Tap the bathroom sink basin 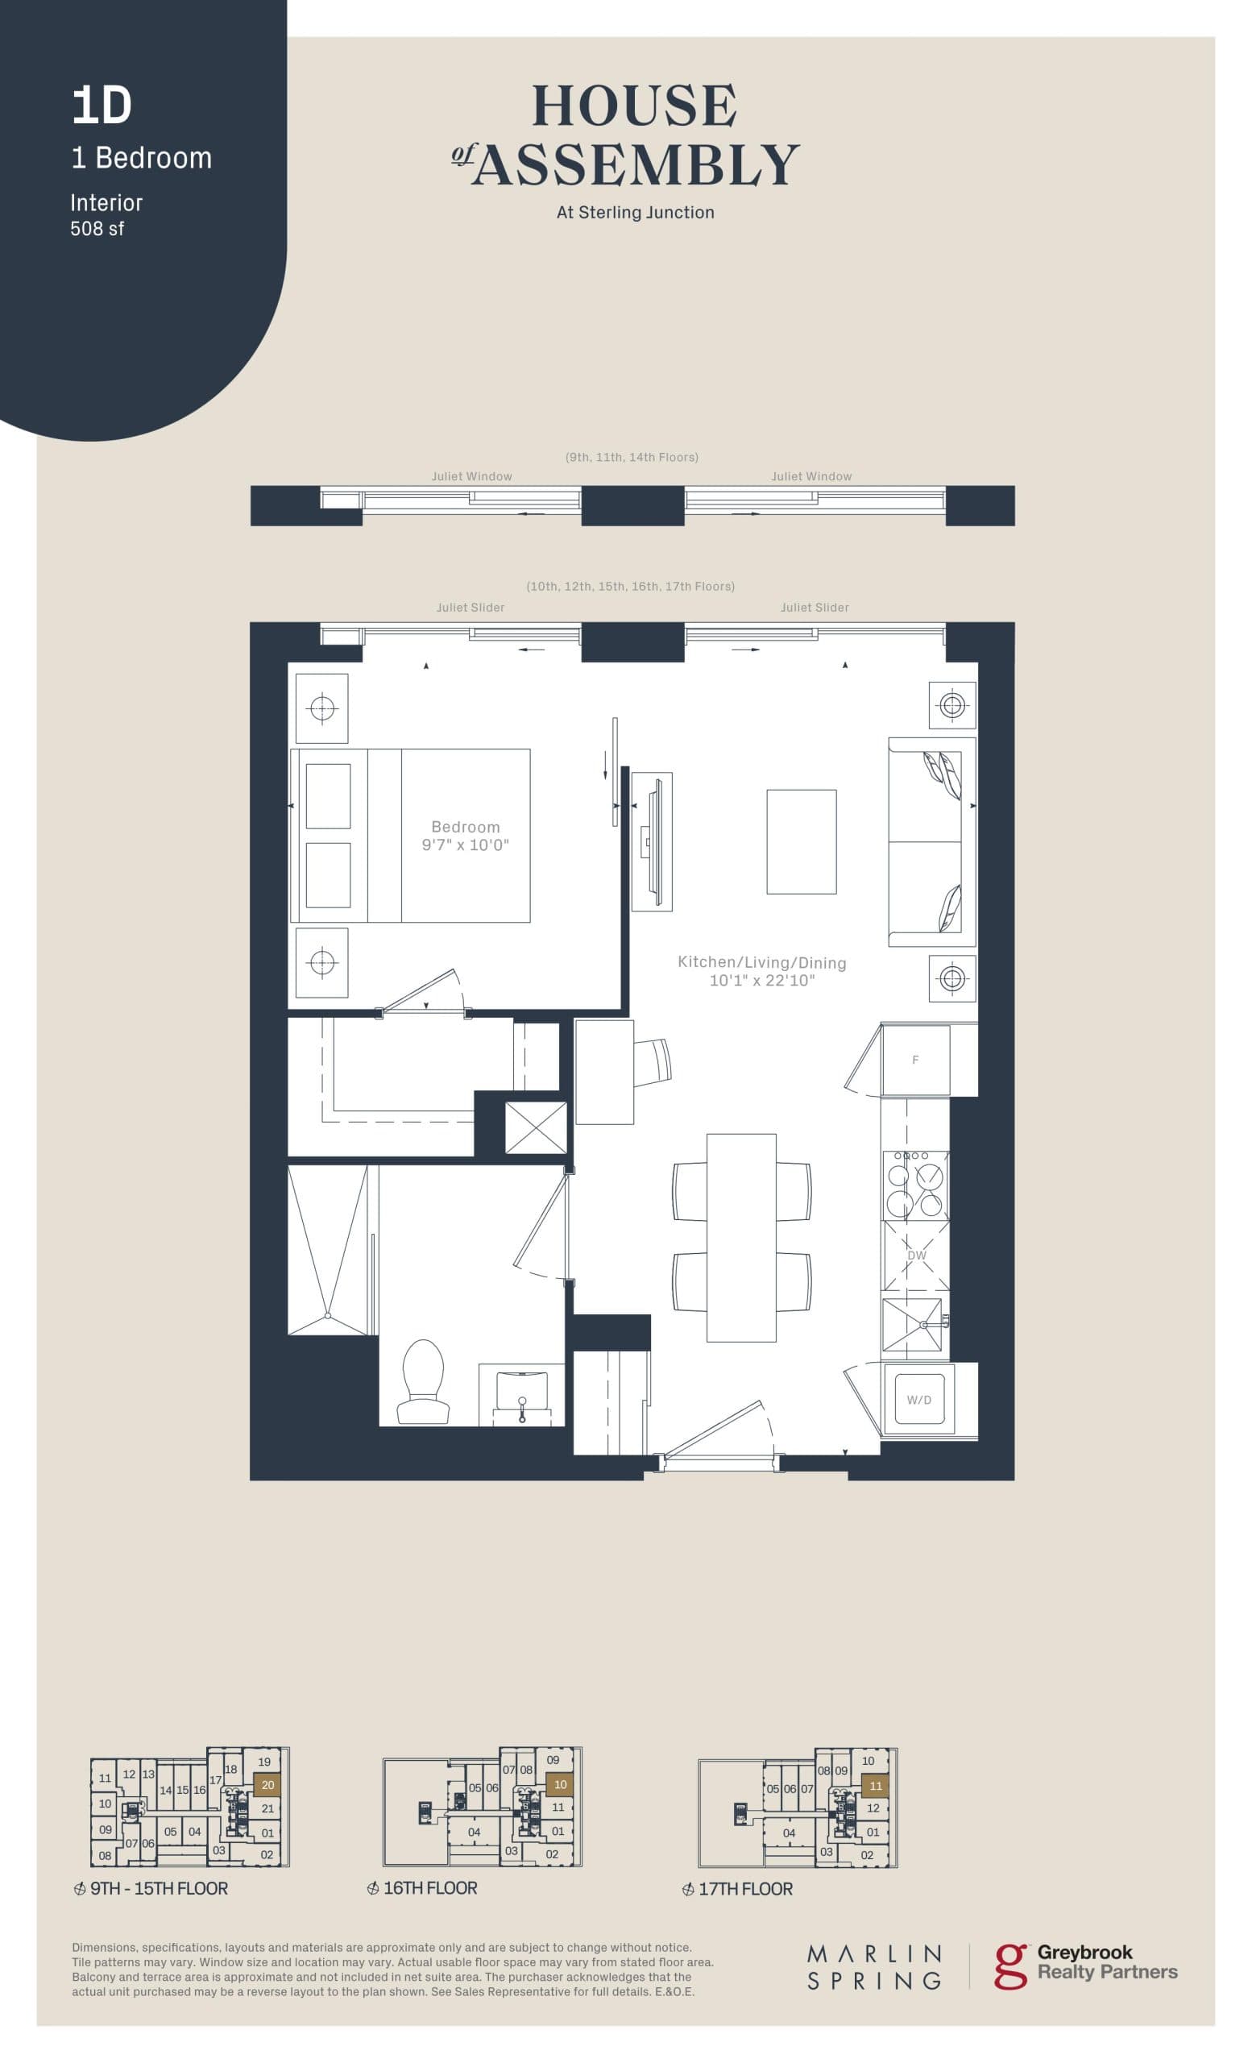(x=521, y=1390)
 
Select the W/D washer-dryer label (x=919, y=1399)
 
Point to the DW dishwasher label (x=916, y=1255)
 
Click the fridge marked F (x=914, y=1060)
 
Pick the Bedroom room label (x=466, y=826)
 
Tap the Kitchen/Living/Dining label (x=761, y=962)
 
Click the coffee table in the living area (x=801, y=841)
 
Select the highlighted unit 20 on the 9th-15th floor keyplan (x=267, y=1784)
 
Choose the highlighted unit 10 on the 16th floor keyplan (x=560, y=1784)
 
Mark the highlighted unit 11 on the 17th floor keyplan (x=876, y=1785)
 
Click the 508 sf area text (x=97, y=229)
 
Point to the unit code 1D (x=102, y=106)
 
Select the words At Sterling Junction (x=635, y=213)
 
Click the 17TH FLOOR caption (x=745, y=1888)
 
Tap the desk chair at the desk (x=653, y=1061)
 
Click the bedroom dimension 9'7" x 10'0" (x=466, y=845)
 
